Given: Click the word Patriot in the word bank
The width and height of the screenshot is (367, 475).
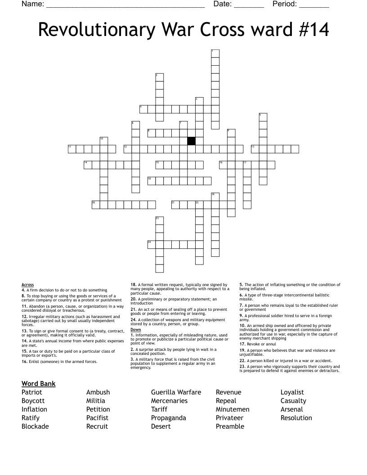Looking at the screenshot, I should pos(32,392).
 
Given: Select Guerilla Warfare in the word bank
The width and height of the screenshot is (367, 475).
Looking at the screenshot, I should pos(176,392).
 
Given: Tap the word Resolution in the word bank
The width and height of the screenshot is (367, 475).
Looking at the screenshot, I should pos(296,418).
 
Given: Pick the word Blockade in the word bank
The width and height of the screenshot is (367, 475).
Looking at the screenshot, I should pos(35,426).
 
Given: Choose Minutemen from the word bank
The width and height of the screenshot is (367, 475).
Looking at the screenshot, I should pos(233,409).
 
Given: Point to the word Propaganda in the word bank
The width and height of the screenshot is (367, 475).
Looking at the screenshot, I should pos(168,418).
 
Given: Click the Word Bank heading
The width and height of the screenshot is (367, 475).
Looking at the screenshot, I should pos(38,384).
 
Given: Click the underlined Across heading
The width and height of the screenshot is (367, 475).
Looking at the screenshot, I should pos(27,285).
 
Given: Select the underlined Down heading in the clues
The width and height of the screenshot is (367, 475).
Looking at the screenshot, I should pos(135,330).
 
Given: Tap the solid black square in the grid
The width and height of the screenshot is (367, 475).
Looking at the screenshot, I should pos(191,141).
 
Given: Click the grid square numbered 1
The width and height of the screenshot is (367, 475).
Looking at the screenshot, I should pos(215,54).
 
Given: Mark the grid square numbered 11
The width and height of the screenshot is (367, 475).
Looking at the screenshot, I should pos(72,149).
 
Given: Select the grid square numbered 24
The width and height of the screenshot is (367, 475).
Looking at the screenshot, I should pos(152,244).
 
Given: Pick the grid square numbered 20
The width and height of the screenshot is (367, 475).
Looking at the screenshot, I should pos(96,205).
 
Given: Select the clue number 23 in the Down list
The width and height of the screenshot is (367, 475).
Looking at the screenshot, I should pos(242,367).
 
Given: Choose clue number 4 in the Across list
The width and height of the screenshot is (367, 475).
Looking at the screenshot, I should pos(23,290).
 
